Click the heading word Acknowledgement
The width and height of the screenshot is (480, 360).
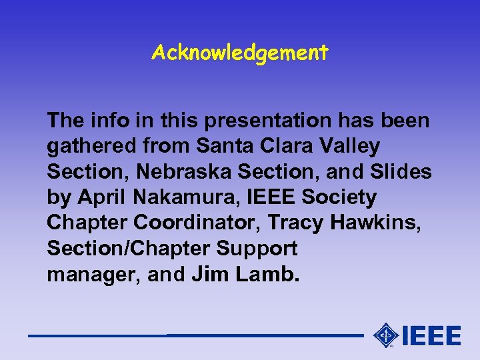pos(239,53)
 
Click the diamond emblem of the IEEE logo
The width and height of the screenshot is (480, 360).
pos(385,335)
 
